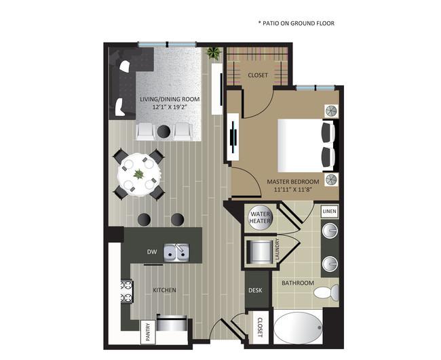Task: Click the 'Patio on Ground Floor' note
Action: (x=296, y=23)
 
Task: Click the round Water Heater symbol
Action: (x=260, y=218)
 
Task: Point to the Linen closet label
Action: (x=329, y=212)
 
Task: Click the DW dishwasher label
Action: (x=152, y=252)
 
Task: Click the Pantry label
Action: (x=146, y=332)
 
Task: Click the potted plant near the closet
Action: (x=214, y=53)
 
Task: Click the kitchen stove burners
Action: (x=126, y=292)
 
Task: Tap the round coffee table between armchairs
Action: (x=164, y=130)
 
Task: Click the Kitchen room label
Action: (x=164, y=290)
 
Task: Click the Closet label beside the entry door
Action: (x=259, y=327)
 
